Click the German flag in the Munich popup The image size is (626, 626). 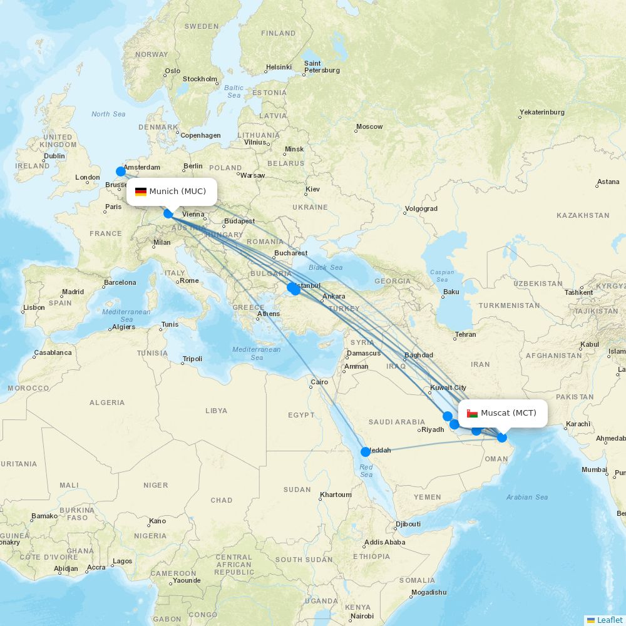coord(141,192)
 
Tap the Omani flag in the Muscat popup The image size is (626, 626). coord(473,413)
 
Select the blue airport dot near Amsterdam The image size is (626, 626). coord(121,171)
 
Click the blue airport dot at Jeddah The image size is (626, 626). coord(365,451)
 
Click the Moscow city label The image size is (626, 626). coord(369,126)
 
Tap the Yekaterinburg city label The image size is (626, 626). coord(541,113)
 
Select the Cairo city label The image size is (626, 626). coord(319,382)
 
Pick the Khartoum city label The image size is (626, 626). coord(336,495)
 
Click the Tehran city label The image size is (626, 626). coord(465,334)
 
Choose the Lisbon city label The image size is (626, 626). coord(34,307)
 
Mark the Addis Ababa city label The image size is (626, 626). coord(384,542)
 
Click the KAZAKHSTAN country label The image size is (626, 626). coord(583,215)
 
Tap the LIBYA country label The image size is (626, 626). coord(216,411)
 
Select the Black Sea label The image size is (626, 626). coord(326,267)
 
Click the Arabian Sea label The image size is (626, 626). coord(527,497)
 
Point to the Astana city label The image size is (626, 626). coord(608,182)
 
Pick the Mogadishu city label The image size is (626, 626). coord(429,592)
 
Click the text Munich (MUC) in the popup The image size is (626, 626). coord(177,192)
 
